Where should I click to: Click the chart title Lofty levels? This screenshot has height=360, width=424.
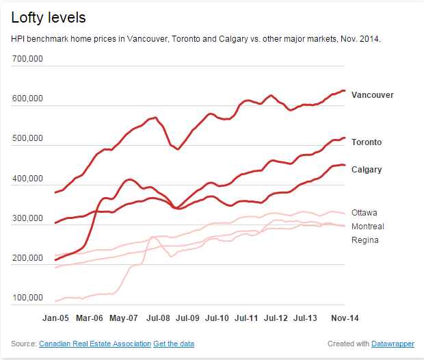pos(48,17)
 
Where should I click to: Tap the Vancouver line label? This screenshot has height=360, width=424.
pos(372,95)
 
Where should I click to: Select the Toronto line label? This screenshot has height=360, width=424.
pos(367,142)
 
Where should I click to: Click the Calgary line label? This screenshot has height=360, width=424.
pos(367,170)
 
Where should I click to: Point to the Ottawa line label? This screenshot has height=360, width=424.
pos(365,213)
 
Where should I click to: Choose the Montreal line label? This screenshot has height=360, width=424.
pos(367,227)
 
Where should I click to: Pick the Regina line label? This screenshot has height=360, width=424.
pos(365,240)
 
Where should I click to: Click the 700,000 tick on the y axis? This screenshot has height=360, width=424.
pos(28,60)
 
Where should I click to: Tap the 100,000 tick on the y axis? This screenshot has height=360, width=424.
pos(28,298)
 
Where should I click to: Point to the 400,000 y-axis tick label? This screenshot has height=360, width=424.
pos(28,179)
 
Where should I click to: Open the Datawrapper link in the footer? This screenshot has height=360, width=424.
pos(393,343)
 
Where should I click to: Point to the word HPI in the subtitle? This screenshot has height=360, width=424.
pos(19,39)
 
